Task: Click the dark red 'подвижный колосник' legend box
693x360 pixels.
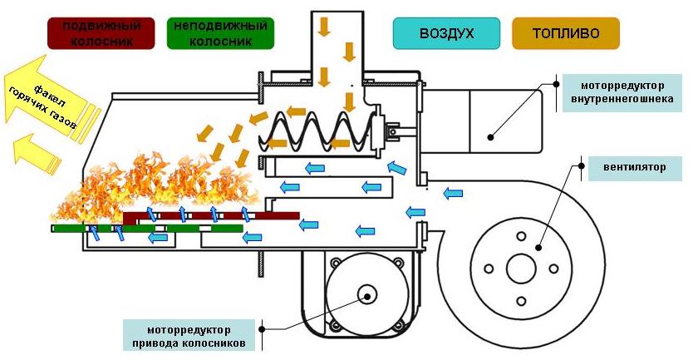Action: point(101,33)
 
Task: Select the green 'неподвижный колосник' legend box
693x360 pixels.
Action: point(220,33)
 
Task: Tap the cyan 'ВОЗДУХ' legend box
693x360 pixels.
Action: point(446,33)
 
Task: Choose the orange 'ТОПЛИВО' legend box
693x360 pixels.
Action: point(566,33)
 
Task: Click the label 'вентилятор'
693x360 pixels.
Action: point(634,168)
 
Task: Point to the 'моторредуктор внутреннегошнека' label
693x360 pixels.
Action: point(622,92)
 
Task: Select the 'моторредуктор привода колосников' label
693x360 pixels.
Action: point(189,336)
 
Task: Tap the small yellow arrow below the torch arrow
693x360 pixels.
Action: point(35,155)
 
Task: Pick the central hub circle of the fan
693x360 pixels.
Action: point(521,269)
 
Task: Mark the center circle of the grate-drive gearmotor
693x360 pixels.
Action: point(366,294)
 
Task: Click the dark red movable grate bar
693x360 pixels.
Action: point(211,216)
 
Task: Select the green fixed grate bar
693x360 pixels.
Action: point(147,228)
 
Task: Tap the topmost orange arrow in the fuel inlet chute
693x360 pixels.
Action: point(325,27)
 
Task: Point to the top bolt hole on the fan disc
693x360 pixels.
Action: point(521,236)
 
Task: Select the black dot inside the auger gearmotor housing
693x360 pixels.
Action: point(490,137)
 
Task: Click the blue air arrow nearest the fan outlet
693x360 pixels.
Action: point(453,193)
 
